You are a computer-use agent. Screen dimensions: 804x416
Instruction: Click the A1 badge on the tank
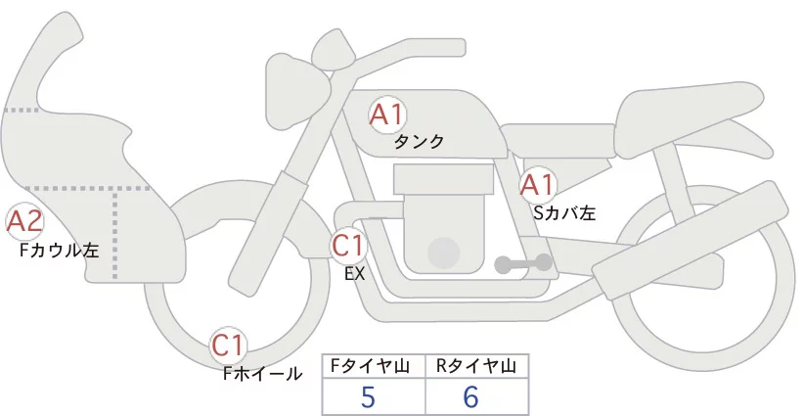(387, 115)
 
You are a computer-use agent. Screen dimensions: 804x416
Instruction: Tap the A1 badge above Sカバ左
(538, 185)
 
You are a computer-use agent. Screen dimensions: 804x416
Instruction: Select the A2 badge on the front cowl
(24, 221)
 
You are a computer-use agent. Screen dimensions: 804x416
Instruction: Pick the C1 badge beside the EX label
(347, 245)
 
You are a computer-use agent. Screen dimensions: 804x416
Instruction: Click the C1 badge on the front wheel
(228, 346)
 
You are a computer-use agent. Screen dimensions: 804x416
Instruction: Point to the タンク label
(419, 142)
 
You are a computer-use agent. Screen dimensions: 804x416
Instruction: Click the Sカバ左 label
(564, 212)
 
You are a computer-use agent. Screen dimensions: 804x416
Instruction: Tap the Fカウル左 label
(59, 250)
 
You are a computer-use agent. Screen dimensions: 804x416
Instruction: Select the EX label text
(354, 274)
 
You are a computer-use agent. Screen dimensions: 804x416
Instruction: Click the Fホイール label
(262, 374)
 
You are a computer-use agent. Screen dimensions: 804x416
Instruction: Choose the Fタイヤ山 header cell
(374, 366)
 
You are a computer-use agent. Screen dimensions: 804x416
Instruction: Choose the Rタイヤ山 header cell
(477, 366)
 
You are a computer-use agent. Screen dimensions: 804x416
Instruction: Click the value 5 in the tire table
(368, 396)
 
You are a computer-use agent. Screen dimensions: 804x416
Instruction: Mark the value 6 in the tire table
(470, 396)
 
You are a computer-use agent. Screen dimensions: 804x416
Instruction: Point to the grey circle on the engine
(443, 254)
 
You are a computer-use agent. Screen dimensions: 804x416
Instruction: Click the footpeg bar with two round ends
(523, 263)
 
